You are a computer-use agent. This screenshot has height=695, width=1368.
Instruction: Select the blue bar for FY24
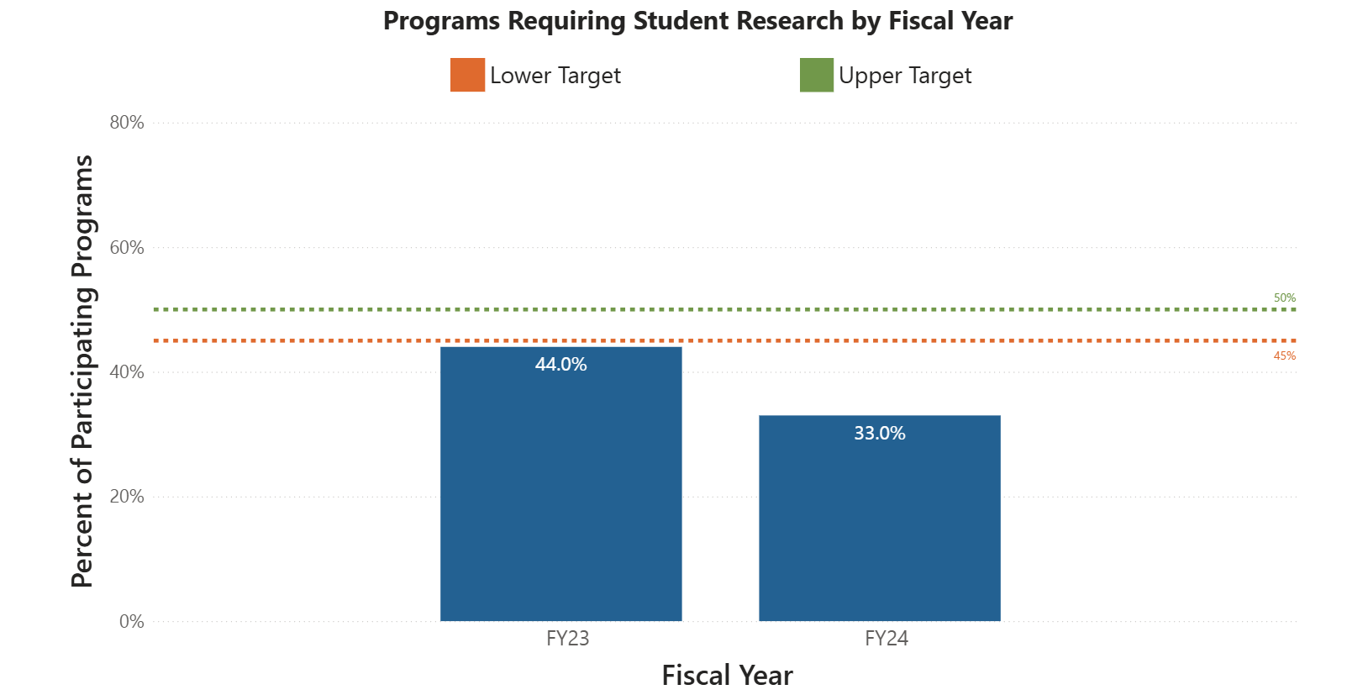(879, 529)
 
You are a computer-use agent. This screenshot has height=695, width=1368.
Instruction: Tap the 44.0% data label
(560, 364)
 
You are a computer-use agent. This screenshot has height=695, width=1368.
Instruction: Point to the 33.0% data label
(879, 433)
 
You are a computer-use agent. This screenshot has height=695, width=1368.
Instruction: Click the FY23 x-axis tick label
(567, 639)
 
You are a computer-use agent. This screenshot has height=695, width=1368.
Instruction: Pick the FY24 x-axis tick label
(886, 639)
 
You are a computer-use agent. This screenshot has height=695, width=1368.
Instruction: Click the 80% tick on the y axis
(127, 123)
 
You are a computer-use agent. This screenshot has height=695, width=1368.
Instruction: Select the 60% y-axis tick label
(127, 247)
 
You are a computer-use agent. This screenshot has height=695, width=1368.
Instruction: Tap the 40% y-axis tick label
(127, 371)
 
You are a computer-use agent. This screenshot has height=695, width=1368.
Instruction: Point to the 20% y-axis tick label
(127, 497)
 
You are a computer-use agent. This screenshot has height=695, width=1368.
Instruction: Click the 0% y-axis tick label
(131, 621)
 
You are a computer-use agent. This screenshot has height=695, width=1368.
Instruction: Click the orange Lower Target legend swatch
(467, 75)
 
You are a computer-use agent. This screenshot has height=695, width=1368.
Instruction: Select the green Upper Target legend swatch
(816, 75)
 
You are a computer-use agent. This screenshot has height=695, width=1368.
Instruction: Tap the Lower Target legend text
(555, 76)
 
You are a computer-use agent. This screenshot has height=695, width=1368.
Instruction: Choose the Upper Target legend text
(904, 76)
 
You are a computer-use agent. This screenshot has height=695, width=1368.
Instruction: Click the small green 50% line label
(1284, 297)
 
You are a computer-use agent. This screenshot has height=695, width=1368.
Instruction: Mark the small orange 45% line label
(1284, 355)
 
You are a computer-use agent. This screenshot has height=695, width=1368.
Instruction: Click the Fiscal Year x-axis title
(727, 675)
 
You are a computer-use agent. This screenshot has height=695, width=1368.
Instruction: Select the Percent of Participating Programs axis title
(82, 371)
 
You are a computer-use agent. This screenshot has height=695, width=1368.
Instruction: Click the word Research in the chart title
(790, 20)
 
